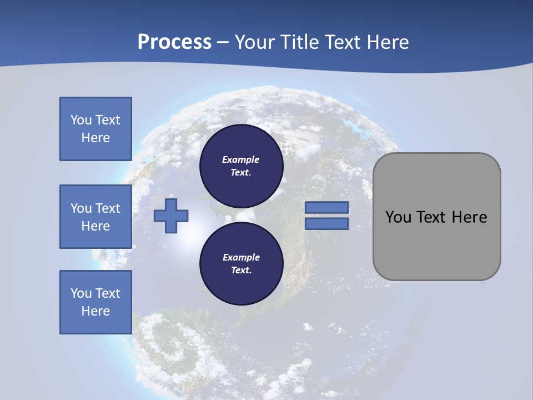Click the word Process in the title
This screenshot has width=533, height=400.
[174, 42]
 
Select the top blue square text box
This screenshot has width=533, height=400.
[95, 129]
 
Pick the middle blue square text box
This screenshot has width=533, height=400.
[95, 217]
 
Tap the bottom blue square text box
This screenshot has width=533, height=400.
[95, 302]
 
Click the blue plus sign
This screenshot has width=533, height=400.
[171, 216]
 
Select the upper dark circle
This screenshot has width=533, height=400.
[241, 166]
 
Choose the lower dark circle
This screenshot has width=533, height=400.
[241, 263]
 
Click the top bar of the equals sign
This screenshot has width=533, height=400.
[326, 207]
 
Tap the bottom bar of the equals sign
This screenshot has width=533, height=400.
[326, 223]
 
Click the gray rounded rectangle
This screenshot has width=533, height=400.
[436, 244]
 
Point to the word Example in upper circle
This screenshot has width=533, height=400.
[241, 159]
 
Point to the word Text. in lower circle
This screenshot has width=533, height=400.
[241, 271]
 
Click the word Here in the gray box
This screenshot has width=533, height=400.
[469, 217]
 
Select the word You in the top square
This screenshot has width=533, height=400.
[81, 120]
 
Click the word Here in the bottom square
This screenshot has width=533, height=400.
[95, 311]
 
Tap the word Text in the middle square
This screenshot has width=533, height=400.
[108, 208]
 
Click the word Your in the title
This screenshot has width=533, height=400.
[255, 42]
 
